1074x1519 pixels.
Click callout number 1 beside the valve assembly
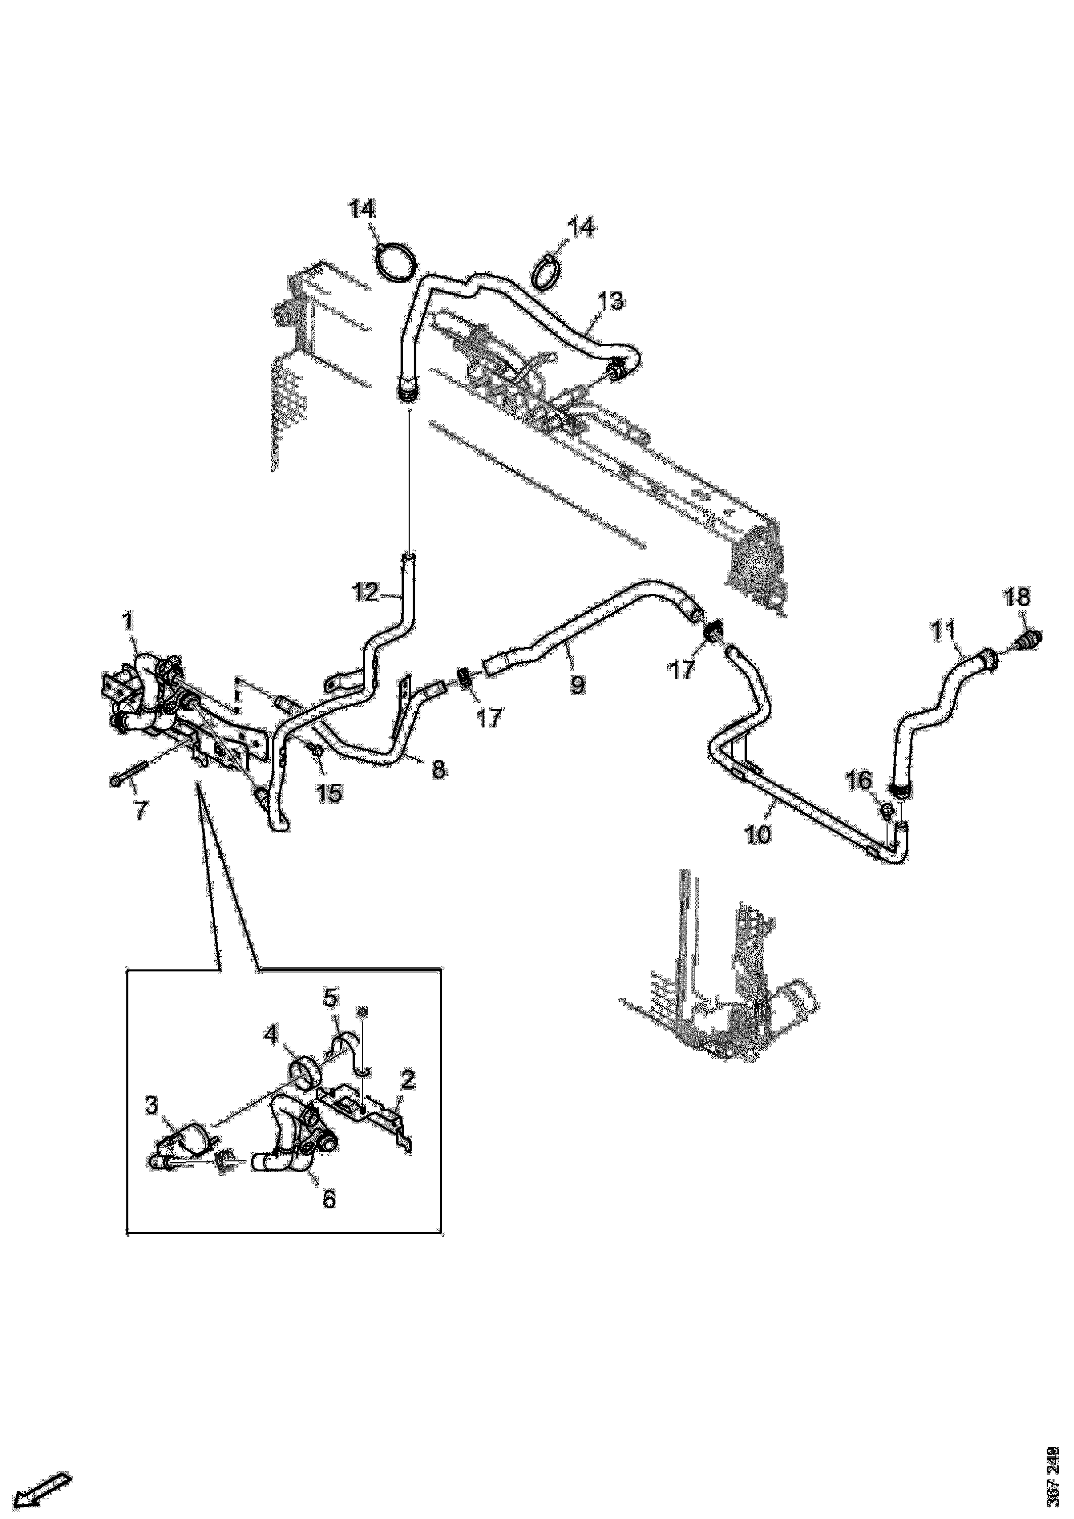[x=127, y=622]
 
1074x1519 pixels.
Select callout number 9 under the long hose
[x=578, y=684]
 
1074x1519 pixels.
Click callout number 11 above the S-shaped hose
[x=943, y=631]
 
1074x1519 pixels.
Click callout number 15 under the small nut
[x=329, y=792]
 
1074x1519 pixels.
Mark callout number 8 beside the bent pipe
[x=438, y=769]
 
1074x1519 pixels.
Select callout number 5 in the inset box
[x=331, y=1015]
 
